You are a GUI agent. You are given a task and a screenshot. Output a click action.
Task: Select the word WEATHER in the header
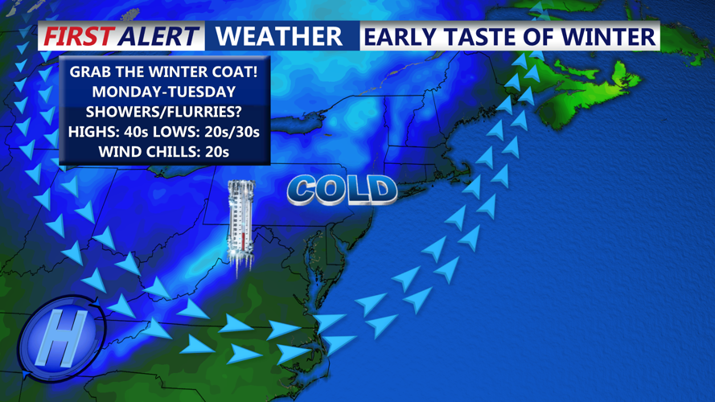(279, 36)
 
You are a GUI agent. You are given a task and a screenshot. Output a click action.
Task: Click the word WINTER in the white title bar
(612, 36)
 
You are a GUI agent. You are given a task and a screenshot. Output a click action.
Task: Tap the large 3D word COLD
(342, 190)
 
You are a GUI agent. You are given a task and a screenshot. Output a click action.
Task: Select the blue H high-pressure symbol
(57, 338)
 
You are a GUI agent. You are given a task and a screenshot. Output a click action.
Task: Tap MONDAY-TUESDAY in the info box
(164, 92)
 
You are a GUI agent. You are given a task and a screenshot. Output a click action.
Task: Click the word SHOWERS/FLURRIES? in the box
(164, 111)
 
